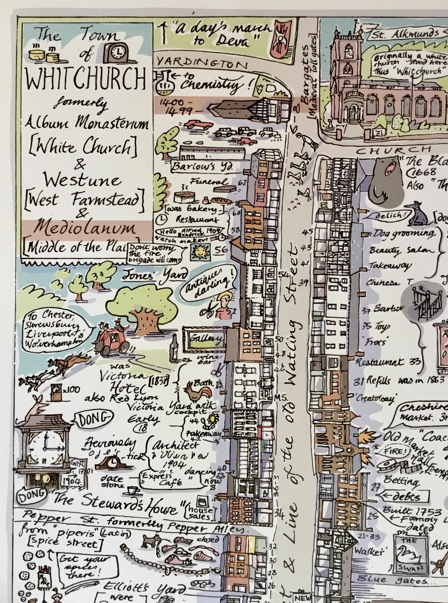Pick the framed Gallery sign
pos(204,338)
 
